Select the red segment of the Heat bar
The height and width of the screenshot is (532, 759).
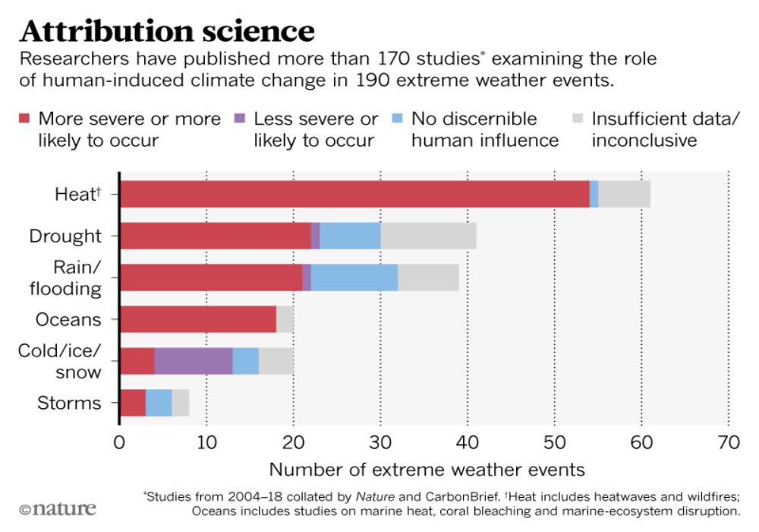354,194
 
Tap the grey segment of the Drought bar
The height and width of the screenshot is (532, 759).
428,236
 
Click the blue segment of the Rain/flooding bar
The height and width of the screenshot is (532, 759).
354,277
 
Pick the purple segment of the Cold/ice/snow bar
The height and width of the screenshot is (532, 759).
193,361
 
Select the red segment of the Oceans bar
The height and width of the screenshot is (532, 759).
197,319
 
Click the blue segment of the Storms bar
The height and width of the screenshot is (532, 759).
158,402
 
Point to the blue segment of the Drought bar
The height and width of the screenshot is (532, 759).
350,236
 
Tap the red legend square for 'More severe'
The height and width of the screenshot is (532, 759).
24,119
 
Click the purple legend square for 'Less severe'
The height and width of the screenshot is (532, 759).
241,119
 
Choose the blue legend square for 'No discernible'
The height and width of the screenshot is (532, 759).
398,119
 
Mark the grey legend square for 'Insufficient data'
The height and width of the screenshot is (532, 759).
578,119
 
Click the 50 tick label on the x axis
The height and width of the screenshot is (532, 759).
554,442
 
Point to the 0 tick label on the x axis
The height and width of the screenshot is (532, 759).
119,442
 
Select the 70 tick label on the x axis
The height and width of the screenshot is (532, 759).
728,442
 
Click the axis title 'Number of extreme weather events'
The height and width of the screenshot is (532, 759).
427,469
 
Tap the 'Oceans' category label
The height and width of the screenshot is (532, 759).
68,319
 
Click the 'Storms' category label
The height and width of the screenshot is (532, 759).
69,402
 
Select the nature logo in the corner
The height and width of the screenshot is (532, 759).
58,508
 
